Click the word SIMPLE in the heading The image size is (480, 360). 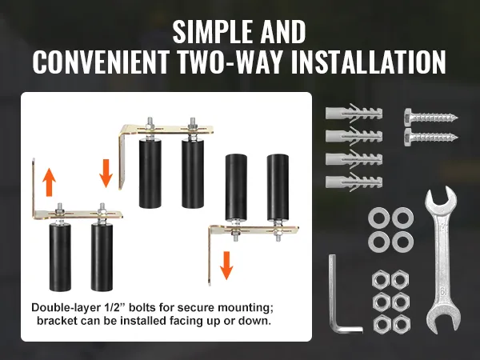(212, 32)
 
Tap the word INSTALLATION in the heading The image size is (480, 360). (368, 62)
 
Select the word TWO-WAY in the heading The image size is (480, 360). (230, 62)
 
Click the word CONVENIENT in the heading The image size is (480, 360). (101, 62)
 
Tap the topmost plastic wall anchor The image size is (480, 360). (354, 114)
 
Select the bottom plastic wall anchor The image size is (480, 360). (354, 182)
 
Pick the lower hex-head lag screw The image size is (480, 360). (430, 137)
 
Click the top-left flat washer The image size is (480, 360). (379, 218)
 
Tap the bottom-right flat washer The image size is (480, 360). (402, 242)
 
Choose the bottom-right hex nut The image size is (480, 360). (401, 324)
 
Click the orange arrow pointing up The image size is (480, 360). (49, 182)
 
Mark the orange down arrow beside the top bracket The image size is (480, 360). (106, 173)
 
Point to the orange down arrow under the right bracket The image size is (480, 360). (226, 266)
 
